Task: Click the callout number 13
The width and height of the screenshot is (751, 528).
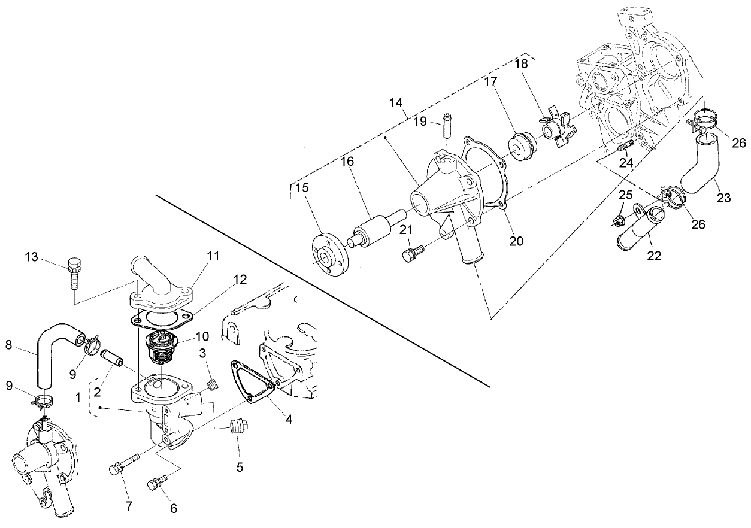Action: pos(31,257)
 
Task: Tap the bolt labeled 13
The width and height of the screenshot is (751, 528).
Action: pos(75,273)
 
